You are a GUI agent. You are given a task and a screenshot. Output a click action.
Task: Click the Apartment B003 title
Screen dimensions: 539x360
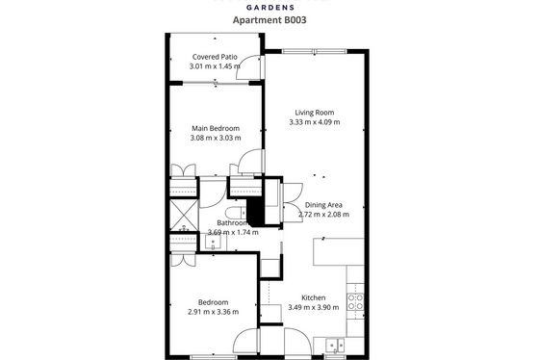click(x=269, y=20)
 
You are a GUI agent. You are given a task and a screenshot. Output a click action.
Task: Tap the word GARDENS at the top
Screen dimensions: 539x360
click(x=269, y=8)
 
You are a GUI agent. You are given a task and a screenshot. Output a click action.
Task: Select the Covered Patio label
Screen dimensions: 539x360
click(x=215, y=57)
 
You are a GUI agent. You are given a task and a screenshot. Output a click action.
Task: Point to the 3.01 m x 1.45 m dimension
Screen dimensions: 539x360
click(x=215, y=66)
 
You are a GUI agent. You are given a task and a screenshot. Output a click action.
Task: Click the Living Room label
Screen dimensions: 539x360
click(x=315, y=113)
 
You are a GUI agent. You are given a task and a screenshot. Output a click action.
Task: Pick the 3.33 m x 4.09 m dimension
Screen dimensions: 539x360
click(x=315, y=122)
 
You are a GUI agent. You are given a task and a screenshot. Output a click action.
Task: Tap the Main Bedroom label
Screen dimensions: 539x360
click(x=216, y=128)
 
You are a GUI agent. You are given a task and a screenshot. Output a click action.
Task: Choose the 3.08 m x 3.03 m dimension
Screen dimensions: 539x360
click(x=216, y=138)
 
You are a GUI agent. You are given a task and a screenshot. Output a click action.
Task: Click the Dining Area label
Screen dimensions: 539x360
click(x=323, y=205)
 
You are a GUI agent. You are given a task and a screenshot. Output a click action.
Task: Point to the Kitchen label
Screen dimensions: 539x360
click(x=314, y=297)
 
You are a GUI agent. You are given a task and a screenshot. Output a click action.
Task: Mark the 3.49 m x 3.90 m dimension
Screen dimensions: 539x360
click(x=314, y=307)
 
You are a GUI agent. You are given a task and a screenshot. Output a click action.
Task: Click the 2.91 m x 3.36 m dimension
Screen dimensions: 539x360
click(x=213, y=312)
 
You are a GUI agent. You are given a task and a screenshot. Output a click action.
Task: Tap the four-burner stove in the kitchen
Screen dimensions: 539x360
click(x=355, y=301)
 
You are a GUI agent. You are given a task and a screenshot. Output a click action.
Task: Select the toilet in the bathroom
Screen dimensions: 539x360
click(x=236, y=214)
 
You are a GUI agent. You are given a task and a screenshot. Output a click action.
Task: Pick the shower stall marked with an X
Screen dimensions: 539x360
click(x=184, y=216)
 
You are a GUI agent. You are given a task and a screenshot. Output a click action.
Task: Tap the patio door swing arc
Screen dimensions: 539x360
click(x=246, y=63)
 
